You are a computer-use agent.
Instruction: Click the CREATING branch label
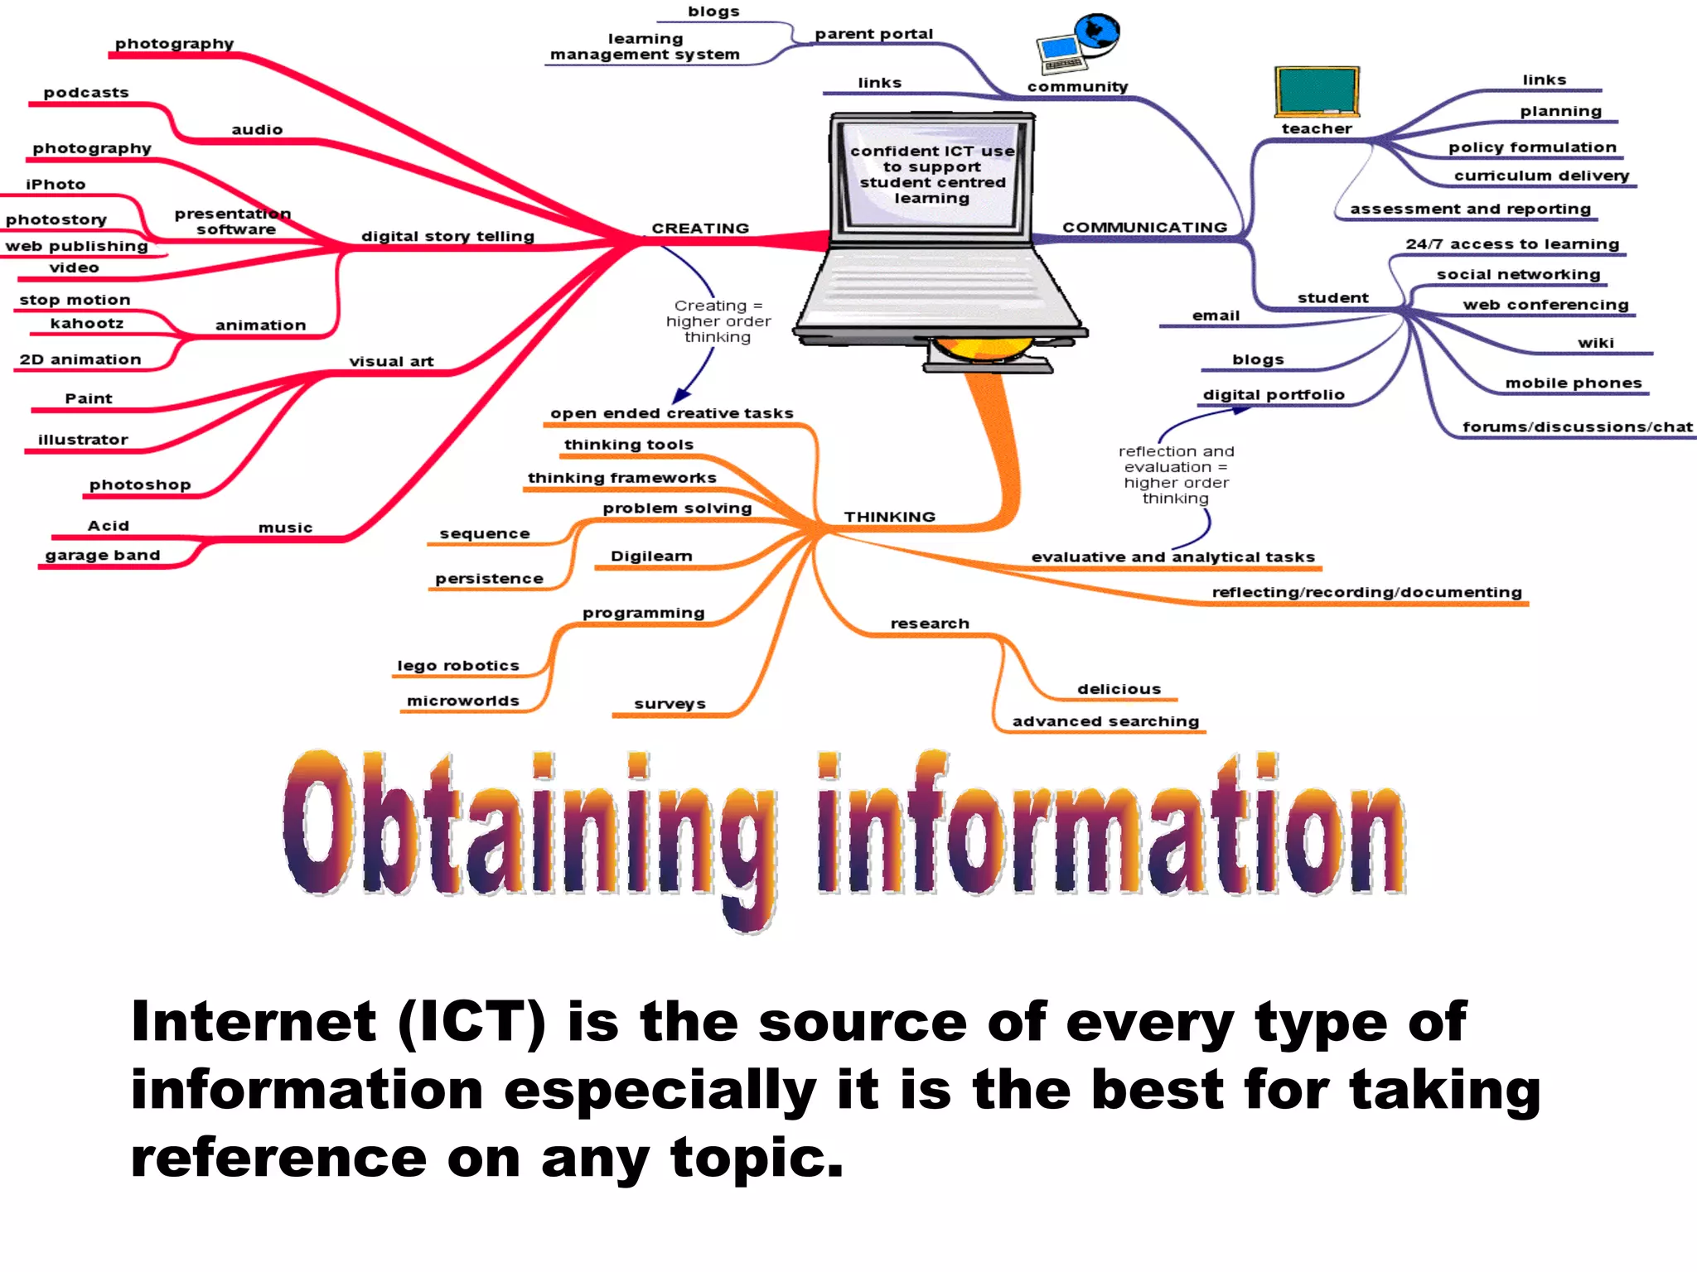[x=700, y=228]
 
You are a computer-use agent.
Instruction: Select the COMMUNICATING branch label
[x=1144, y=227]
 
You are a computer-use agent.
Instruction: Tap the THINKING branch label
[x=889, y=517]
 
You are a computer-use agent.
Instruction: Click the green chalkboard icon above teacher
[x=1317, y=92]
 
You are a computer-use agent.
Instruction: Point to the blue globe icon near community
[x=1098, y=33]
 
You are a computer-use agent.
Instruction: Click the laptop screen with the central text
[x=932, y=175]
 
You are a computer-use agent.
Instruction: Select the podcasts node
[x=86, y=93]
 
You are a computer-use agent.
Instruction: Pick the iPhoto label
[x=56, y=185]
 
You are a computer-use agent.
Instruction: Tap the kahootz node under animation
[x=87, y=323]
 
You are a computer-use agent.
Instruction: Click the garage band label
[x=103, y=555]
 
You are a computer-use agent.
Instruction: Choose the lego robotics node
[x=458, y=666]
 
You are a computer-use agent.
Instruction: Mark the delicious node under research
[x=1119, y=689]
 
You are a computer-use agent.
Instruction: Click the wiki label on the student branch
[x=1595, y=343]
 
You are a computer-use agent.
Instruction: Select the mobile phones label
[x=1573, y=383]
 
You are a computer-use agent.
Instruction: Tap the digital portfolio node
[x=1274, y=395]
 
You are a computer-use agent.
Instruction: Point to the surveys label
[x=670, y=704]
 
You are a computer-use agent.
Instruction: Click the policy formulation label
[x=1532, y=147]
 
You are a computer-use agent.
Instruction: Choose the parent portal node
[x=873, y=34]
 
